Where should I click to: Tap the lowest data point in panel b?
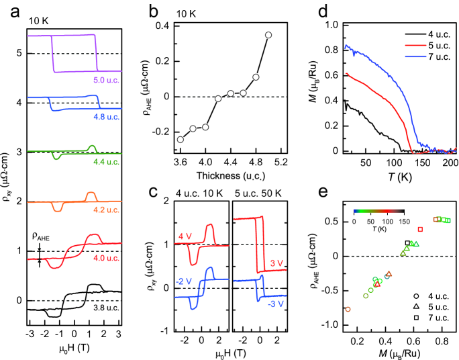point(180,139)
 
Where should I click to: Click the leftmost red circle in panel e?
point(348,309)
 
